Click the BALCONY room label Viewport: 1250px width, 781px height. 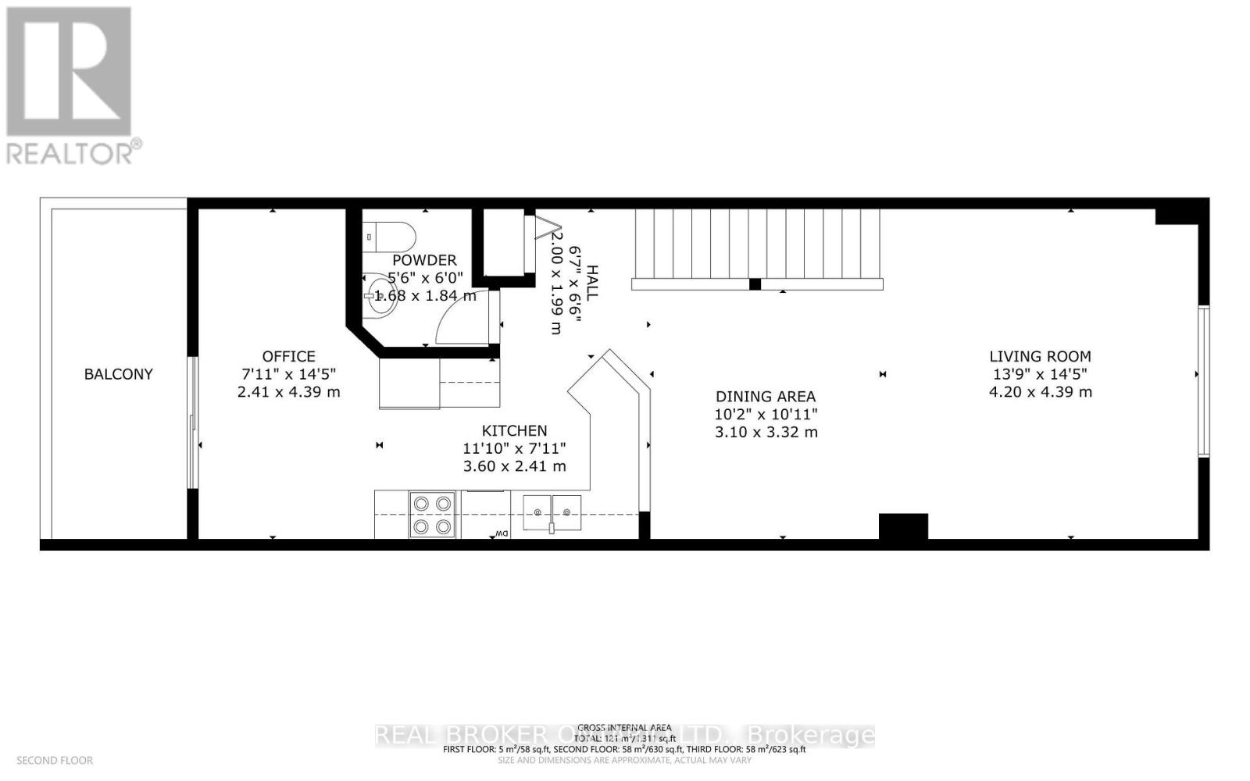coord(119,374)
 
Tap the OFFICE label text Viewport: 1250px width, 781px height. coord(288,356)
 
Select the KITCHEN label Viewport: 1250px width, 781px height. coord(514,430)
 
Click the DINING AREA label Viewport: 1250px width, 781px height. coord(766,397)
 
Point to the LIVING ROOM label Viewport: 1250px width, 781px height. coord(1040,356)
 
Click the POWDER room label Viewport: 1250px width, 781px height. coord(424,260)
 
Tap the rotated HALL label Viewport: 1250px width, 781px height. coord(592,283)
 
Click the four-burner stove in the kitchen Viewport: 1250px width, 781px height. coord(432,515)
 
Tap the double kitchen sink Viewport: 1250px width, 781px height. coord(552,513)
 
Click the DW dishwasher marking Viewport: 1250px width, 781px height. coord(500,534)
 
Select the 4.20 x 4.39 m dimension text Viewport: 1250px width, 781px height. coord(1040,392)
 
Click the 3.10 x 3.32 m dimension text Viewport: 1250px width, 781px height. coord(766,432)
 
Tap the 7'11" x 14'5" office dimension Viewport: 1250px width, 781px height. coord(288,374)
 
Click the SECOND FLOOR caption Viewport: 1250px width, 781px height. coord(55,760)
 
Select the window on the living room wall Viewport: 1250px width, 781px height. coord(1204,381)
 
